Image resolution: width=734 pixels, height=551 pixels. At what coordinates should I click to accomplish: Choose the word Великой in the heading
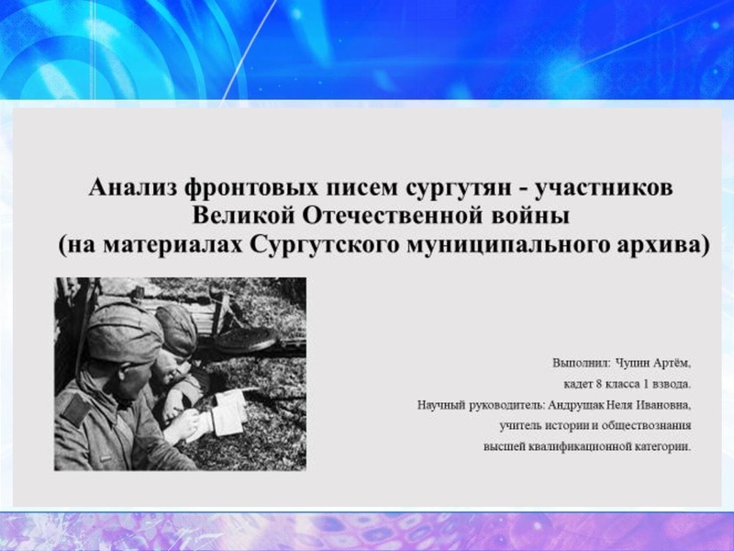241,218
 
